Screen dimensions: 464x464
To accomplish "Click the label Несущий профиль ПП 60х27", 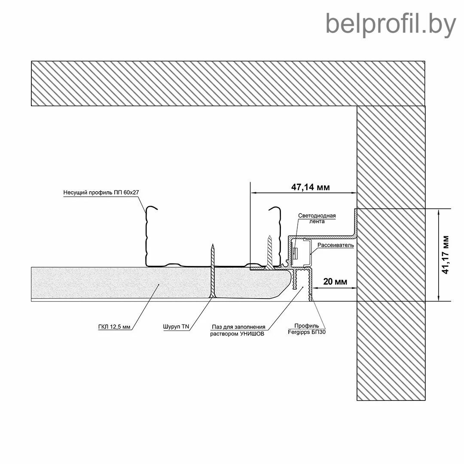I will pyautogui.click(x=101, y=192).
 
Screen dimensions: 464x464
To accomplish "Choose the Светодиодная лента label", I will pyautogui.click(x=317, y=218).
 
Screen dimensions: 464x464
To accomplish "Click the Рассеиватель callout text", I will pyautogui.click(x=336, y=245).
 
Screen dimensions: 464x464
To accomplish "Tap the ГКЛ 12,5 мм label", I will pyautogui.click(x=114, y=327).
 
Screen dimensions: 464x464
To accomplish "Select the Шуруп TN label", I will pyautogui.click(x=176, y=327).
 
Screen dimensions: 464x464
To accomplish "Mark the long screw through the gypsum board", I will pyautogui.click(x=212, y=271).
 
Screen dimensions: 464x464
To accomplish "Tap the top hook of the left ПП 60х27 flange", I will pyautogui.click(x=151, y=209).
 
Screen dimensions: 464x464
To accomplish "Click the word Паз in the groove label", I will pyautogui.click(x=217, y=327).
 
